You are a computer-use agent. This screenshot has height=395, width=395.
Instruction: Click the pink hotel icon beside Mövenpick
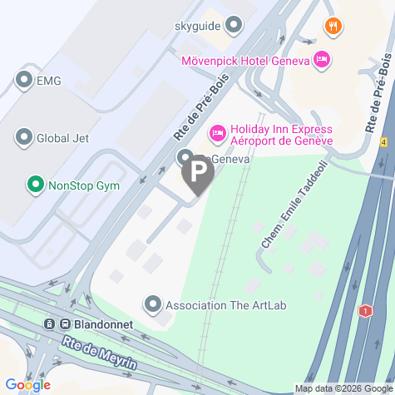coord(321,60)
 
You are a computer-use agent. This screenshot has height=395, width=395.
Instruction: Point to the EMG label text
coord(49,81)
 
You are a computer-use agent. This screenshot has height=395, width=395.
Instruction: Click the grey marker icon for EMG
coord(23,81)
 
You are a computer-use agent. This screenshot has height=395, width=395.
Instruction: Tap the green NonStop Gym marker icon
coord(35,185)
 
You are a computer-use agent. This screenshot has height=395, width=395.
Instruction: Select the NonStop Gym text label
coord(82,185)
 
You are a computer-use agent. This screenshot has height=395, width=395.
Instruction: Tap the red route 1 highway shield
coord(363,311)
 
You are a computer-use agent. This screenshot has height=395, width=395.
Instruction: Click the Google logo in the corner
coord(27,385)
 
